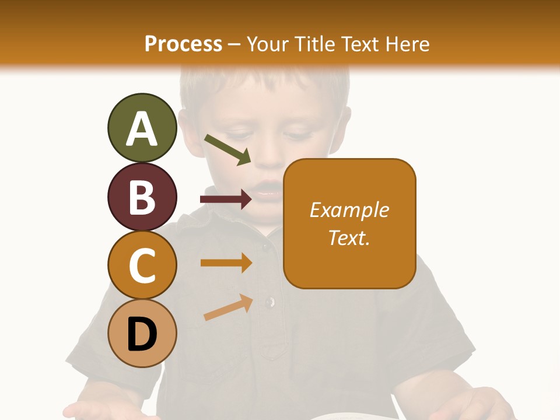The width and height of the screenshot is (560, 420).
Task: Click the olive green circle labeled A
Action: [x=142, y=128]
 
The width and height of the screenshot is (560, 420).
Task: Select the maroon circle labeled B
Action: [x=142, y=197]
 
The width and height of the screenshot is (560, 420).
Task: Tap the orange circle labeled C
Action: [x=142, y=265]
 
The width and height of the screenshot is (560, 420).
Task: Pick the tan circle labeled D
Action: [x=142, y=334]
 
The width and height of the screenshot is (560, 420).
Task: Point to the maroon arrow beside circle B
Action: [x=225, y=199]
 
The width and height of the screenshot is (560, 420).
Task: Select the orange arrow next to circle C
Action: [x=225, y=262]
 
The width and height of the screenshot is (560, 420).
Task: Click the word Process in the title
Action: [x=183, y=44]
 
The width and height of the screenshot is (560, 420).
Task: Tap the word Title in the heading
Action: [x=316, y=44]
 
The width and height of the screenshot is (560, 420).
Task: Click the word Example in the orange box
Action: [x=349, y=210]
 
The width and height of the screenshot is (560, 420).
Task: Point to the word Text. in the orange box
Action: [x=349, y=237]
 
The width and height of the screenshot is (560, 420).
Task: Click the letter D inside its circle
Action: [x=142, y=335]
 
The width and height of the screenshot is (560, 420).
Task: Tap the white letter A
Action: [x=142, y=129]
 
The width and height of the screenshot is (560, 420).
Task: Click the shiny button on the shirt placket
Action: [x=269, y=302]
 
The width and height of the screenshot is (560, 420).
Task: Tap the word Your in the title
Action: [x=268, y=44]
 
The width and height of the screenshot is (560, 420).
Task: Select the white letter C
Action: [x=142, y=266]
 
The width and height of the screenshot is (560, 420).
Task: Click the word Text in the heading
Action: [x=362, y=44]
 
